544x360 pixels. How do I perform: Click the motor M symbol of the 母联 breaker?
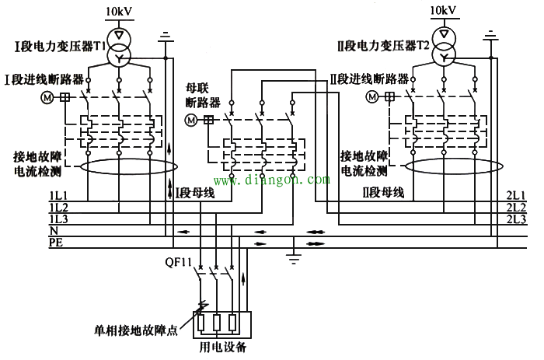coord(192,120)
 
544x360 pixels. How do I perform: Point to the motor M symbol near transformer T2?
coord(374,97)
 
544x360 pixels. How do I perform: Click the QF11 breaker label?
coord(178,262)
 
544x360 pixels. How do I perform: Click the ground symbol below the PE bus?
coord(294,256)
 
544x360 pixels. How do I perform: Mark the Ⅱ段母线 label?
coord(383,192)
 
